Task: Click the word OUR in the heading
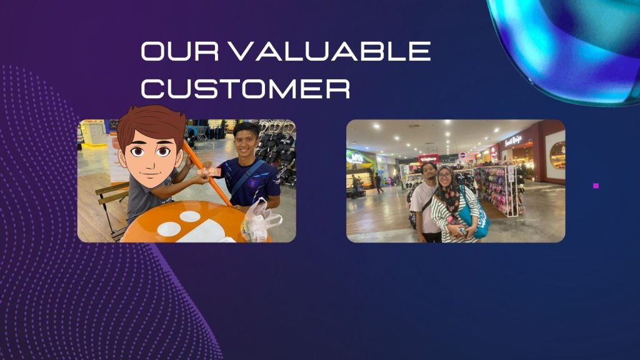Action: [180, 51]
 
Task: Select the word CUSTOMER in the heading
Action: [245, 87]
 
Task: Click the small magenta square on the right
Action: [596, 186]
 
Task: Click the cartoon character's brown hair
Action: [151, 122]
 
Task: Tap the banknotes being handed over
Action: [209, 172]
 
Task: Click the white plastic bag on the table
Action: [261, 220]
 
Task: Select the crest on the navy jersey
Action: [252, 182]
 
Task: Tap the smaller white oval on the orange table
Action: [190, 216]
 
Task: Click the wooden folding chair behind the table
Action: [111, 209]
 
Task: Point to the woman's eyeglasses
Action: [445, 176]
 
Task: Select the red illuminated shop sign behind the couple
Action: [429, 159]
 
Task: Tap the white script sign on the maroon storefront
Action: [513, 141]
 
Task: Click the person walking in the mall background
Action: [379, 184]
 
